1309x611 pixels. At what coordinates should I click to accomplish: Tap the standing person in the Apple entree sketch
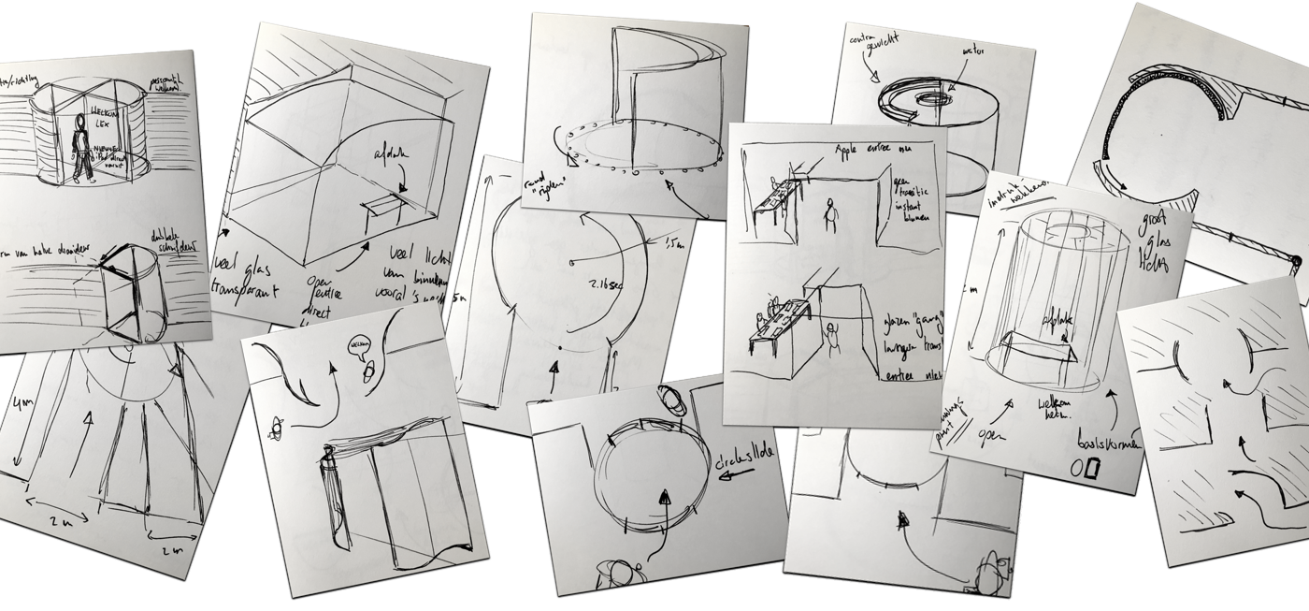(827, 214)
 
